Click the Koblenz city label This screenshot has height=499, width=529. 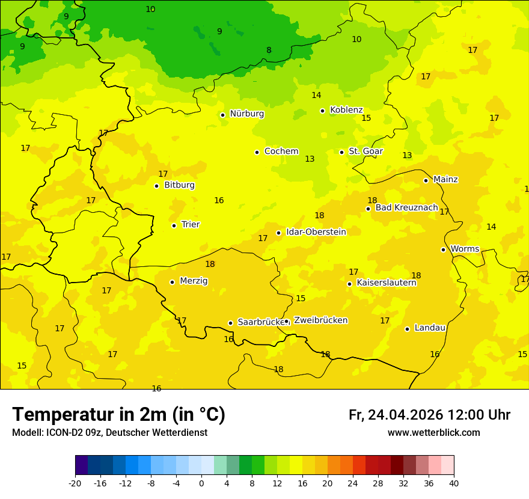pos(346,110)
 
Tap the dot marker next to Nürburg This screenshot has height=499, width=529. pos(222,115)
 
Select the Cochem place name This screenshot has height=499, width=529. pos(281,152)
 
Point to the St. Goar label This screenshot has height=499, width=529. pos(365,152)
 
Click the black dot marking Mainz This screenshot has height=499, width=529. pos(426,180)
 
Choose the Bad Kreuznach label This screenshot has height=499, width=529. pos(406,207)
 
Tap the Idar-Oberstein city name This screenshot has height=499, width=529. pos(316,232)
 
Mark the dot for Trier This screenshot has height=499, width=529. pos(174,225)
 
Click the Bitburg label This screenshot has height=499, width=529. pos(179,185)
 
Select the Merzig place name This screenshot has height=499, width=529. pos(194,281)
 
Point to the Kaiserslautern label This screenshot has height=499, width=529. pos(387,283)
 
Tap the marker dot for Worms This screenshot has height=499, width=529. pos(443,249)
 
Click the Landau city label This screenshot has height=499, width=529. pos(430,328)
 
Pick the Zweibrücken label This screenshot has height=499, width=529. pos(320,320)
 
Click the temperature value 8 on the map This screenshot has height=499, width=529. pos(269,51)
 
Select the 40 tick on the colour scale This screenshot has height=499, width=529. pos(453,483)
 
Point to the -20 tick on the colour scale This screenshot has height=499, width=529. pos(75,483)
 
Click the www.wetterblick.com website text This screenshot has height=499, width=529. pos(433,433)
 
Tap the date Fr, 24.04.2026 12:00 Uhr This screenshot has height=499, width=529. pos(429,415)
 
